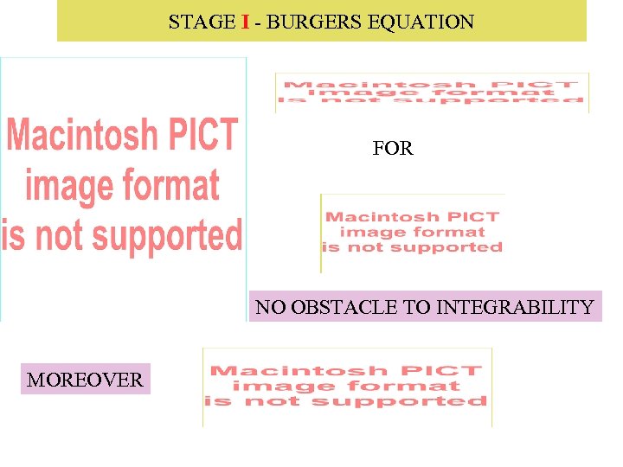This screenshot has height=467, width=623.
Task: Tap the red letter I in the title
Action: pos(246,22)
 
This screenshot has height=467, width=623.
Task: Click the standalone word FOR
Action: pos(393,149)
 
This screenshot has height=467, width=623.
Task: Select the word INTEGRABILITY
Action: pos(516,307)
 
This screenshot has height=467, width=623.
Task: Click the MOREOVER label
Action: pos(85,380)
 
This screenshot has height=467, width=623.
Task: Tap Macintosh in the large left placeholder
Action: pos(81,137)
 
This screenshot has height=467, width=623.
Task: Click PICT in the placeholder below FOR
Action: pos(474,217)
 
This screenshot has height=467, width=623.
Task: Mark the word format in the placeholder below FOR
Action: pos(449,232)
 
